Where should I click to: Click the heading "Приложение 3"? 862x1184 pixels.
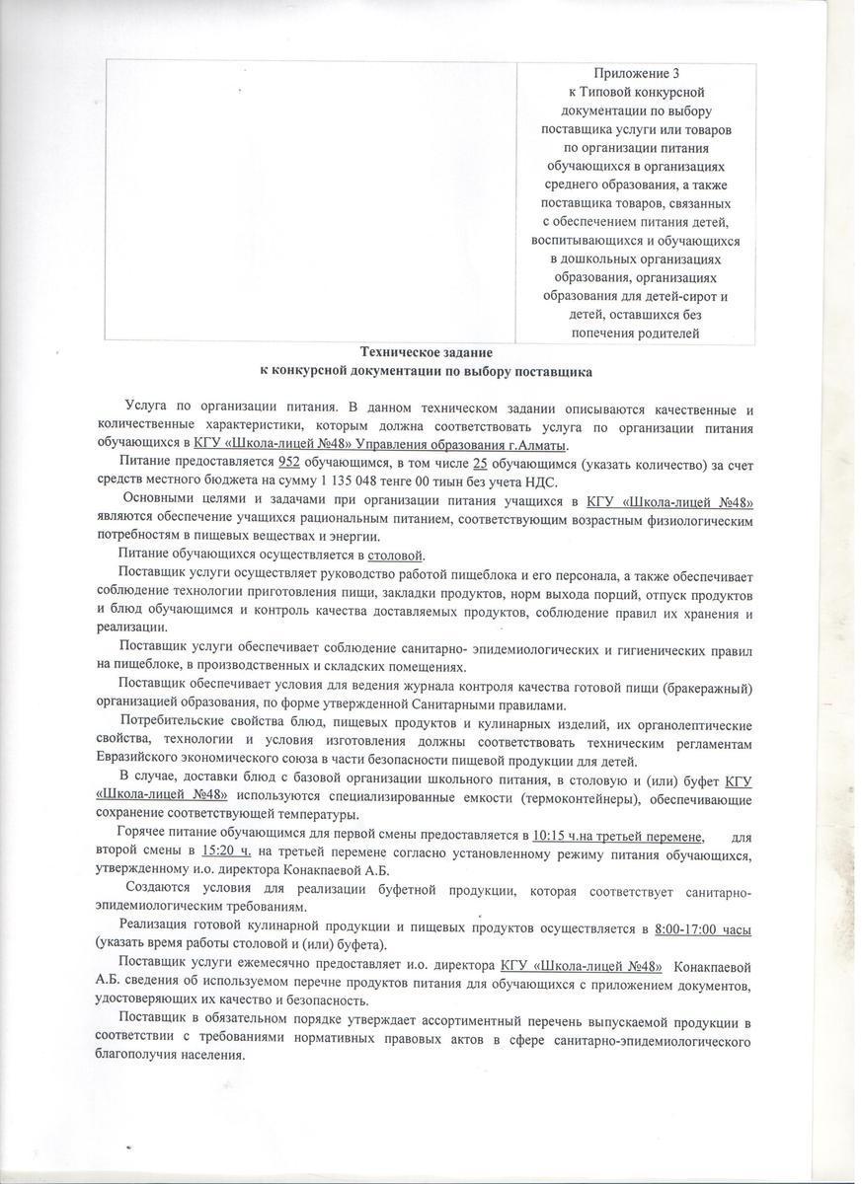click(x=636, y=74)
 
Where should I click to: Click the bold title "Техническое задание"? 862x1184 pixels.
click(x=426, y=352)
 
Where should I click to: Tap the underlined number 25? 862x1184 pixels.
click(x=482, y=463)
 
